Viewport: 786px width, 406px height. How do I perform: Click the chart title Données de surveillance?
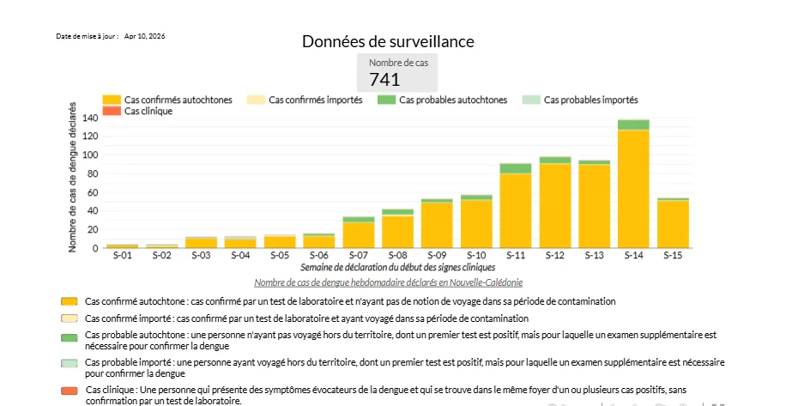pyautogui.click(x=388, y=41)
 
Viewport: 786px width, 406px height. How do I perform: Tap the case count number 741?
pyautogui.click(x=384, y=79)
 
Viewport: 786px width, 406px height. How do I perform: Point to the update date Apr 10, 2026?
pyautogui.click(x=144, y=36)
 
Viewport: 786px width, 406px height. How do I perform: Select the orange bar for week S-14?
pyautogui.click(x=633, y=189)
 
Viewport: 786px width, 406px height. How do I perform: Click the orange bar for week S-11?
pyautogui.click(x=516, y=211)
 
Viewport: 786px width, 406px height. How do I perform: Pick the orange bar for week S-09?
pyautogui.click(x=437, y=225)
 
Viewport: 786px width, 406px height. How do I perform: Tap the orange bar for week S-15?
pyautogui.click(x=674, y=225)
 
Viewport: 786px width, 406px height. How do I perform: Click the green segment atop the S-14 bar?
pyautogui.click(x=633, y=125)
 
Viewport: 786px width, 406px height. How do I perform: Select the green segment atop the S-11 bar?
pyautogui.click(x=516, y=169)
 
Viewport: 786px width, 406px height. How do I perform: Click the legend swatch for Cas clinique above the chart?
pyautogui.click(x=112, y=112)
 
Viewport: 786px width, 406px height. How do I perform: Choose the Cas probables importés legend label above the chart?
pyautogui.click(x=590, y=100)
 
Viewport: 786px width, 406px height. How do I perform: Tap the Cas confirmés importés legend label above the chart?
pyautogui.click(x=315, y=100)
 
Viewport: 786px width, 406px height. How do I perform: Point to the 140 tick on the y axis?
pyautogui.click(x=90, y=118)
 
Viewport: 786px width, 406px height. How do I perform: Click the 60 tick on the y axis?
pyautogui.click(x=93, y=192)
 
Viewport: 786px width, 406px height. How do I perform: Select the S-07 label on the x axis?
pyautogui.click(x=359, y=255)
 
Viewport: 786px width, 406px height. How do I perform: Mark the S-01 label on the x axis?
pyautogui.click(x=123, y=255)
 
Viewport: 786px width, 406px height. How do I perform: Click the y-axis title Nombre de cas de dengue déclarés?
pyautogui.click(x=73, y=177)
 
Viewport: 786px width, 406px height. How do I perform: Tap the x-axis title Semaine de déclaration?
pyautogui.click(x=397, y=268)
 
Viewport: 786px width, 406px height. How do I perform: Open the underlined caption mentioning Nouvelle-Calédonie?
pyautogui.click(x=388, y=282)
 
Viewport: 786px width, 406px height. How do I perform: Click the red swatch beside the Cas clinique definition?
pyautogui.click(x=70, y=391)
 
